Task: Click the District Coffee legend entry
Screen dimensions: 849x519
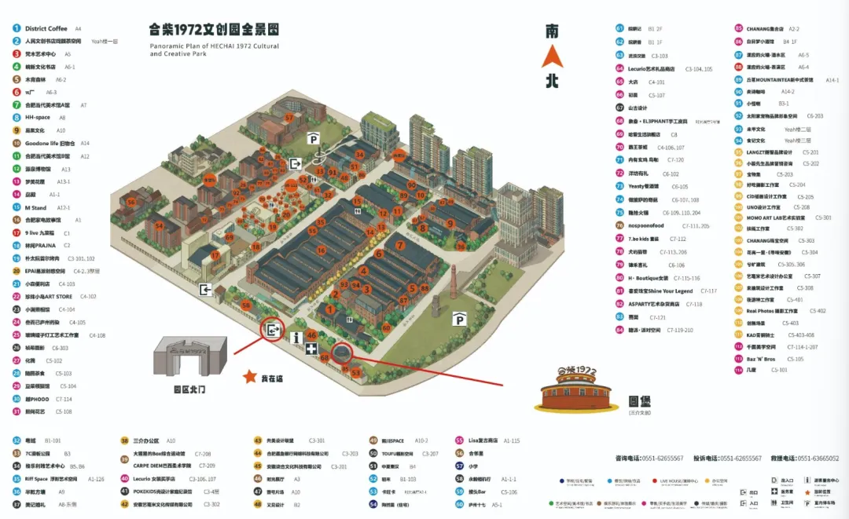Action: click(x=46, y=28)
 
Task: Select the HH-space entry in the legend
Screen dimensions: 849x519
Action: click(x=37, y=117)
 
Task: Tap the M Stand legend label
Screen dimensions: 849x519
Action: click(x=35, y=207)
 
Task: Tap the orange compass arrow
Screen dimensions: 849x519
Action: click(x=553, y=57)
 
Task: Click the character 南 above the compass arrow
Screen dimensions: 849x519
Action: click(x=553, y=31)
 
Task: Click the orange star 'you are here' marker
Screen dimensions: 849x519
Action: click(x=250, y=377)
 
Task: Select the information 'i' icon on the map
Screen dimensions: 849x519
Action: click(x=296, y=338)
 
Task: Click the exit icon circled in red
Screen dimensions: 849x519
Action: click(x=274, y=331)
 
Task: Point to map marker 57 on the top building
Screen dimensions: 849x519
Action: click(x=289, y=118)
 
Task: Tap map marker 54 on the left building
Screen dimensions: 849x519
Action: click(x=159, y=225)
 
